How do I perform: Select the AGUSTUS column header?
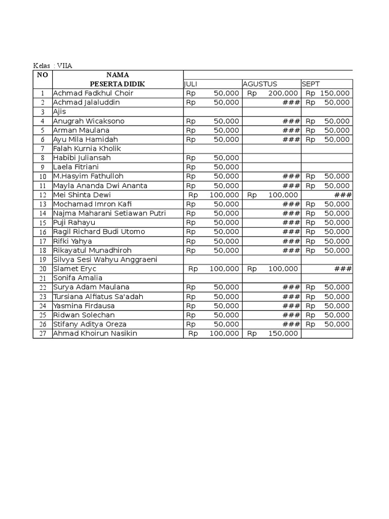pyautogui.click(x=260, y=84)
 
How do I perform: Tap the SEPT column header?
pyautogui.click(x=310, y=84)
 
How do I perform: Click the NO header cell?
pyautogui.click(x=42, y=75)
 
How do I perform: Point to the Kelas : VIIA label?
pyautogui.click(x=49, y=66)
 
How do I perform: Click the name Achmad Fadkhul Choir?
pyautogui.click(x=93, y=93)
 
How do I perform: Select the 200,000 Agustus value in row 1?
pyautogui.click(x=284, y=93)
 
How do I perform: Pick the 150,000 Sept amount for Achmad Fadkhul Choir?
pyautogui.click(x=335, y=93)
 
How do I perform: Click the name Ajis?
pyautogui.click(x=60, y=112)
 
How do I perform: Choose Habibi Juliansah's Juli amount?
pyautogui.click(x=226, y=158)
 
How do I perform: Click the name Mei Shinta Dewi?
pyautogui.click(x=82, y=195)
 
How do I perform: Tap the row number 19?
pyautogui.click(x=43, y=259)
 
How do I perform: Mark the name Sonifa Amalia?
pyautogui.click(x=77, y=278)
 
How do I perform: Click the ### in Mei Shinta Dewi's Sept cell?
pyautogui.click(x=343, y=195)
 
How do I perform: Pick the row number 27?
pyautogui.click(x=43, y=333)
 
